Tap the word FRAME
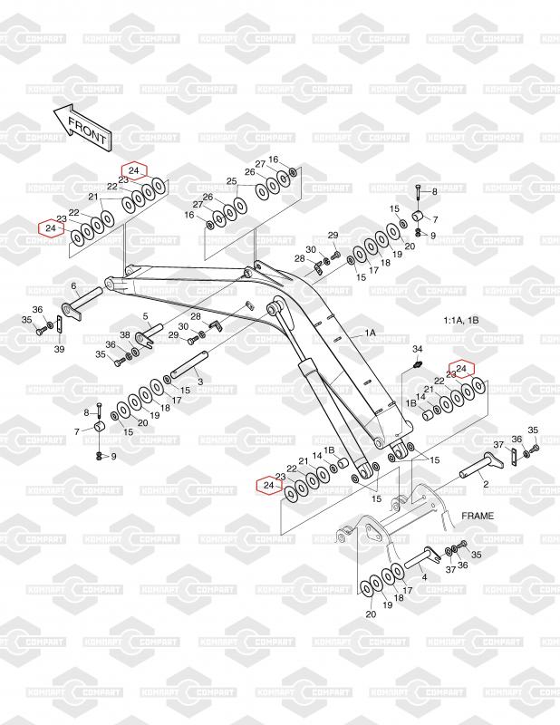pyautogui.click(x=478, y=515)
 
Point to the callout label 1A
pyautogui.click(x=370, y=333)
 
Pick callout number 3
pyautogui.click(x=199, y=382)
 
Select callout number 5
pyautogui.click(x=145, y=315)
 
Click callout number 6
pyautogui.click(x=73, y=286)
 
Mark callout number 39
pyautogui.click(x=58, y=350)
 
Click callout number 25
pyautogui.click(x=231, y=182)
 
